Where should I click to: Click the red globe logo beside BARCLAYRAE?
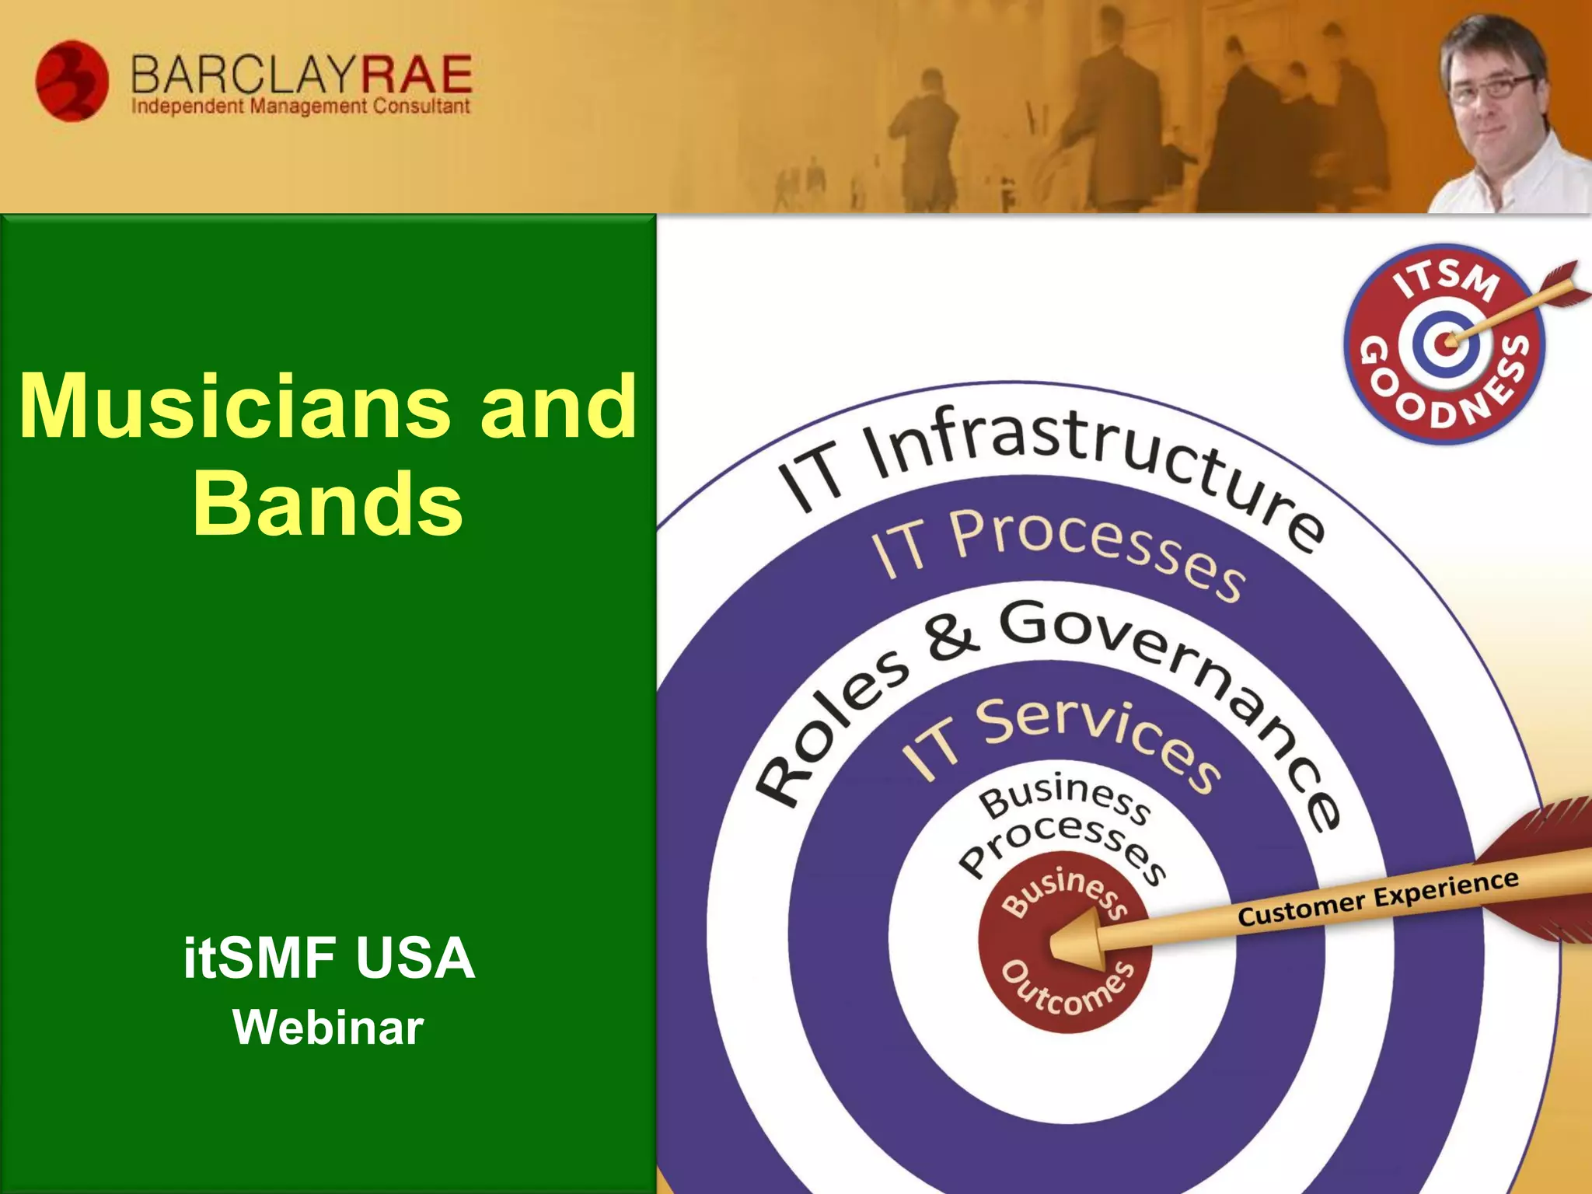click(x=72, y=81)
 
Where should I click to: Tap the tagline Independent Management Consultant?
click(x=301, y=106)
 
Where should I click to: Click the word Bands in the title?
click(x=327, y=504)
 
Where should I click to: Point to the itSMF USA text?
click(x=329, y=958)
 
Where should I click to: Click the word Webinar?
click(x=328, y=1028)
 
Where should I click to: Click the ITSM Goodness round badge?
click(x=1444, y=344)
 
